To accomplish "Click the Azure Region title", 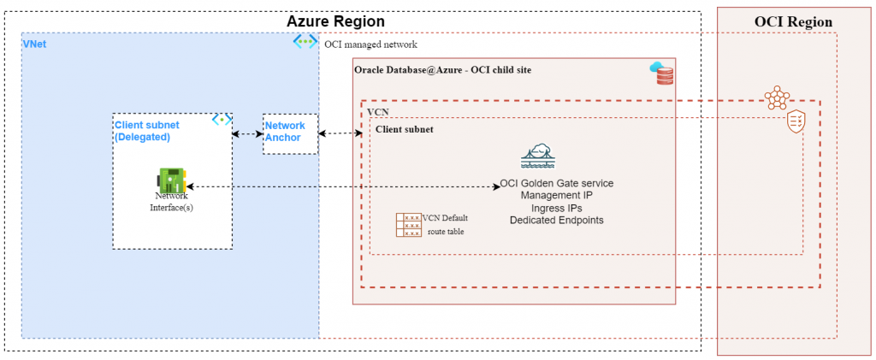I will coord(334,21).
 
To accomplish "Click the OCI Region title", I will coord(793,21).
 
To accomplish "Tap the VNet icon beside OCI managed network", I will coord(305,42).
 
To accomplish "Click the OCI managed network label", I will coord(370,44).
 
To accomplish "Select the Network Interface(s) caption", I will coord(171,201).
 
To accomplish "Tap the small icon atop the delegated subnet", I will coord(222,120).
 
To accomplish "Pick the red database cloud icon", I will coord(662,73).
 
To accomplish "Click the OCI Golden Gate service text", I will coord(556,184).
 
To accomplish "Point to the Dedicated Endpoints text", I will coord(556,220).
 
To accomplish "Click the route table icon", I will coord(408,224).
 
